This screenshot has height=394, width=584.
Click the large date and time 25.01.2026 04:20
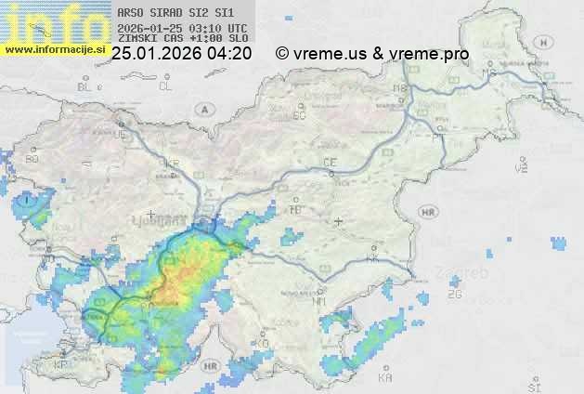tap(181, 54)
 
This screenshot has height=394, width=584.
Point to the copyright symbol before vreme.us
tap(281, 54)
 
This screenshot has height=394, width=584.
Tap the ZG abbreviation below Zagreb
tap(454, 295)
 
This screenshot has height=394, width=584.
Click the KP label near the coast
tap(61, 364)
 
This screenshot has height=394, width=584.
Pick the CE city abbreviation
tap(329, 163)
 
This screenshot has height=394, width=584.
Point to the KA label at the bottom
tap(385, 377)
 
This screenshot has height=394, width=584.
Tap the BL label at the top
tap(85, 86)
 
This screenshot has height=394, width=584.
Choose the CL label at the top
tap(165, 86)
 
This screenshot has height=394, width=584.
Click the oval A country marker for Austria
tap(203, 108)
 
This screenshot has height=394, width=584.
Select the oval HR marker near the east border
tap(428, 212)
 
